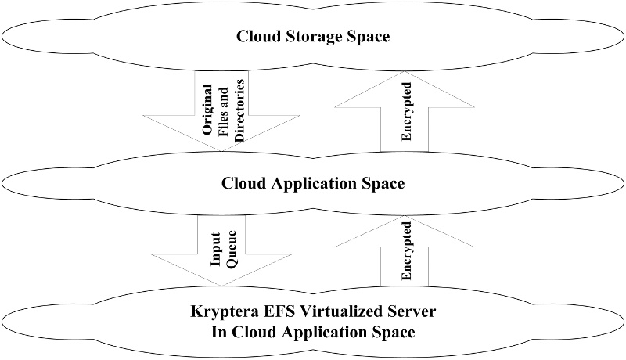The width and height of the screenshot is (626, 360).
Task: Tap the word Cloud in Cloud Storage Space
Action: [x=257, y=37]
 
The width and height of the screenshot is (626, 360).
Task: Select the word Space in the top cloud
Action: [x=366, y=37]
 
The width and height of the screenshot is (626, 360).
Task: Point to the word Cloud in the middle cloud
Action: [x=242, y=185]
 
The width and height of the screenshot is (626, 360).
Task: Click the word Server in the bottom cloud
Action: [x=412, y=312]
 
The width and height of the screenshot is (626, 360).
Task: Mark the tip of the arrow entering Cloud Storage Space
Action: [x=405, y=67]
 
